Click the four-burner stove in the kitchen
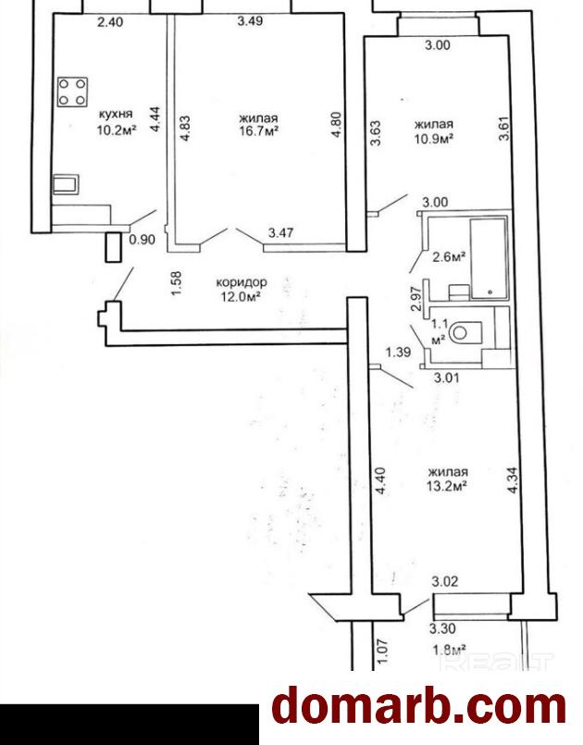pyautogui.click(x=73, y=92)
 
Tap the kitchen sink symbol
pyautogui.click(x=66, y=184)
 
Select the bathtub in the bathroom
pyautogui.click(x=489, y=258)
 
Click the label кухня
pyautogui.click(x=116, y=114)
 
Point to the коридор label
pyautogui.click(x=242, y=282)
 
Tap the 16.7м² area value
pyautogui.click(x=258, y=131)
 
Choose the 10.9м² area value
pyautogui.click(x=433, y=138)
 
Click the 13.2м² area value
pyautogui.click(x=448, y=486)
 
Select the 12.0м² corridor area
pyautogui.click(x=242, y=297)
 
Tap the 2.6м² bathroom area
pyautogui.click(x=448, y=257)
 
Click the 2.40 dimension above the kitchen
pyautogui.click(x=110, y=22)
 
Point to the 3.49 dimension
pyautogui.click(x=250, y=21)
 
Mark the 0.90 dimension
pyautogui.click(x=143, y=240)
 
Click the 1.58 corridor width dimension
pyautogui.click(x=176, y=283)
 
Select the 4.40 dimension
pyautogui.click(x=380, y=482)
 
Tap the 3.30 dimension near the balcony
pyautogui.click(x=442, y=628)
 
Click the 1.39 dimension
pyautogui.click(x=398, y=352)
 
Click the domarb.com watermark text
pyautogui.click(x=419, y=708)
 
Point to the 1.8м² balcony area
pyautogui.click(x=449, y=649)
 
